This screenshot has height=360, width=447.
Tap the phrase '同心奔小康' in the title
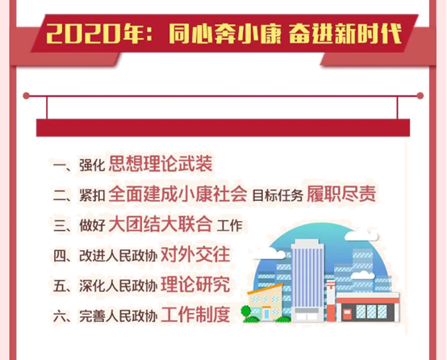(225, 34)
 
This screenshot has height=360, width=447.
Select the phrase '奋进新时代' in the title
(345, 34)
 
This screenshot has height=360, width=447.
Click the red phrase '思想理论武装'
(161, 164)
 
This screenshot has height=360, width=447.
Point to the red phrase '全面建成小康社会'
(178, 194)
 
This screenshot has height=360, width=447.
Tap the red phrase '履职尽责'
(341, 194)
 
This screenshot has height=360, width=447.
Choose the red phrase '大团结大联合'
(161, 224)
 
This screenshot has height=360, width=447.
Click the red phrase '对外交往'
(195, 254)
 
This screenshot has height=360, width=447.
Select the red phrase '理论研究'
(195, 285)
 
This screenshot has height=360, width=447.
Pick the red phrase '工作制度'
(195, 315)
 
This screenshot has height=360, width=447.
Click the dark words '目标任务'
(278, 195)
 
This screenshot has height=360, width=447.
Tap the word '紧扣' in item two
(92, 195)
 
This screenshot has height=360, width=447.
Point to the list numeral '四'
(60, 256)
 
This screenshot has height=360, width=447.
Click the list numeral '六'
(60, 316)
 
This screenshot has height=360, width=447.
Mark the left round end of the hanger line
(27, 96)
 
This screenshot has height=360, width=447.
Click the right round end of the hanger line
(420, 96)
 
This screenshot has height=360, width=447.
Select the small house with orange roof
(265, 303)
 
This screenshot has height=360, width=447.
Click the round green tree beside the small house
(246, 311)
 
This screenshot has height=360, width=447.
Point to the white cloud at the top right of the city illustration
(361, 236)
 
